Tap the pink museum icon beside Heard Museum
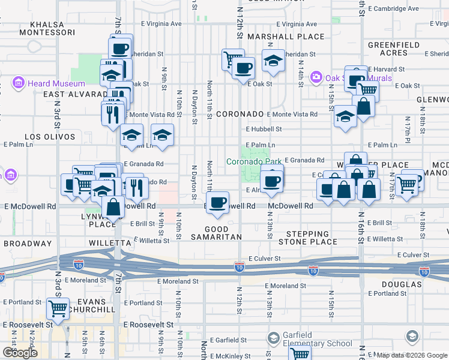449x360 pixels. [19, 83]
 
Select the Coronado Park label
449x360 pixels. [253, 161]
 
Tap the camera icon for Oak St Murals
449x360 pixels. [316, 77]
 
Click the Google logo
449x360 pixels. [20, 353]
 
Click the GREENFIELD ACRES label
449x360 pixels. [388, 49]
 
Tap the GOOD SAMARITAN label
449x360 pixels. [216, 233]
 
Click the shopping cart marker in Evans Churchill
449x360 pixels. [58, 310]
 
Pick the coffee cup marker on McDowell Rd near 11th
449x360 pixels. [217, 202]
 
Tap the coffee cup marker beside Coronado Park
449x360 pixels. [272, 181]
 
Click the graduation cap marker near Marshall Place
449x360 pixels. [273, 61]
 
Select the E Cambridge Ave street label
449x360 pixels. [394, 8]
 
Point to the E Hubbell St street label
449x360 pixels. [264, 129]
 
